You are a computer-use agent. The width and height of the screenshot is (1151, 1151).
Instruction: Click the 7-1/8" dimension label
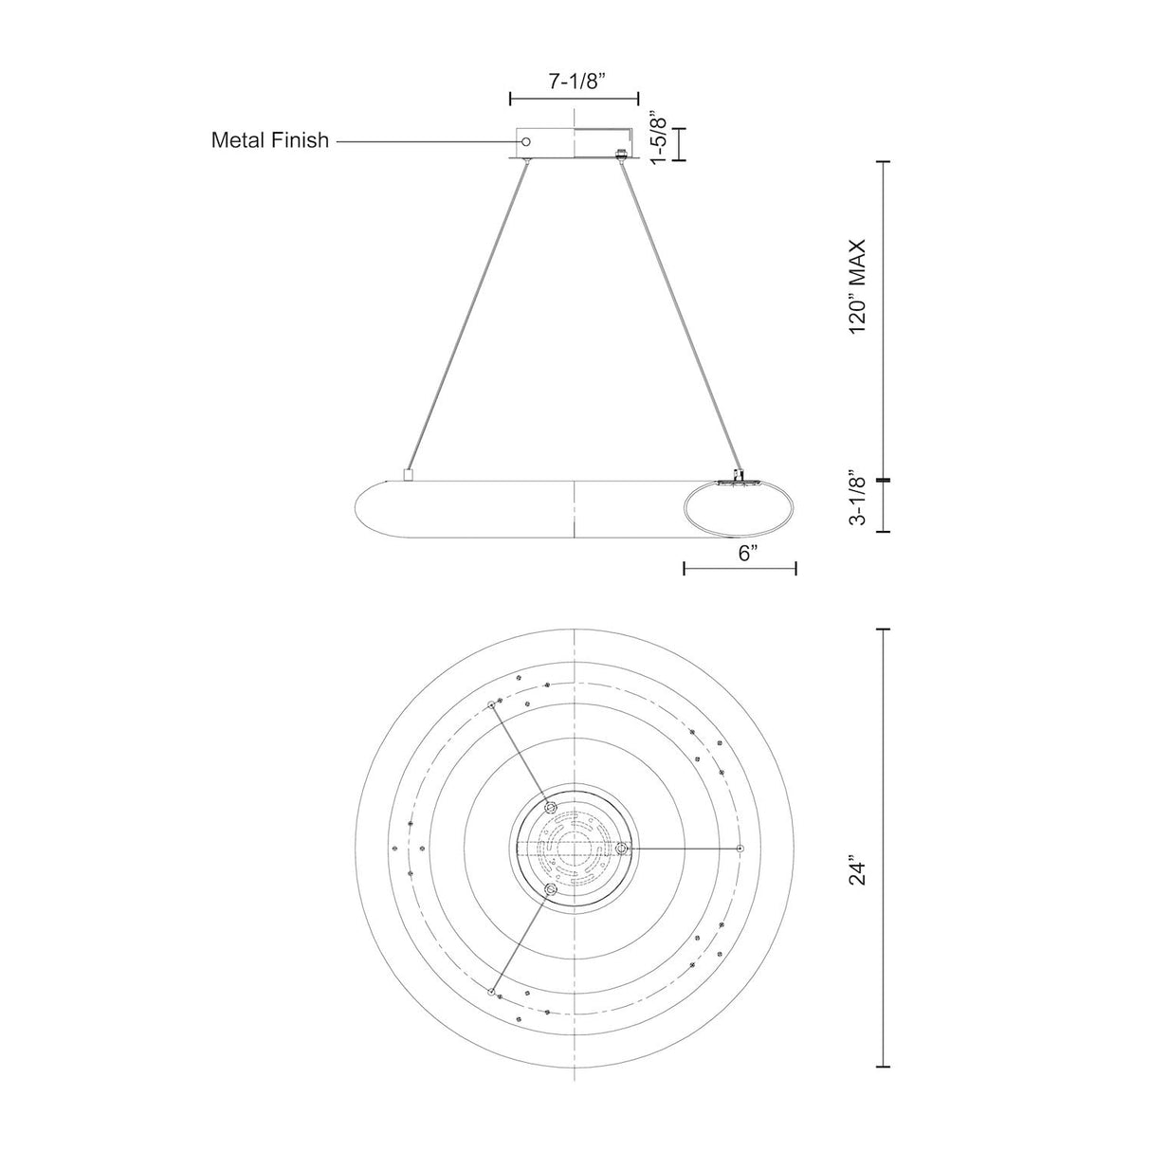click(x=574, y=82)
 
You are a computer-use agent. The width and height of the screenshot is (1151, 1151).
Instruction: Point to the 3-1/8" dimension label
click(x=858, y=501)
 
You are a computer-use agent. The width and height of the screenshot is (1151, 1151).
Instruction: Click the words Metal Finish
click(x=270, y=140)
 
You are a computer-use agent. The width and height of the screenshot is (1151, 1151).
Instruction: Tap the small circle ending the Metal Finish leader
click(x=525, y=141)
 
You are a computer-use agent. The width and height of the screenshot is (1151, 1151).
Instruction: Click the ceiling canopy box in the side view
click(x=574, y=143)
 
